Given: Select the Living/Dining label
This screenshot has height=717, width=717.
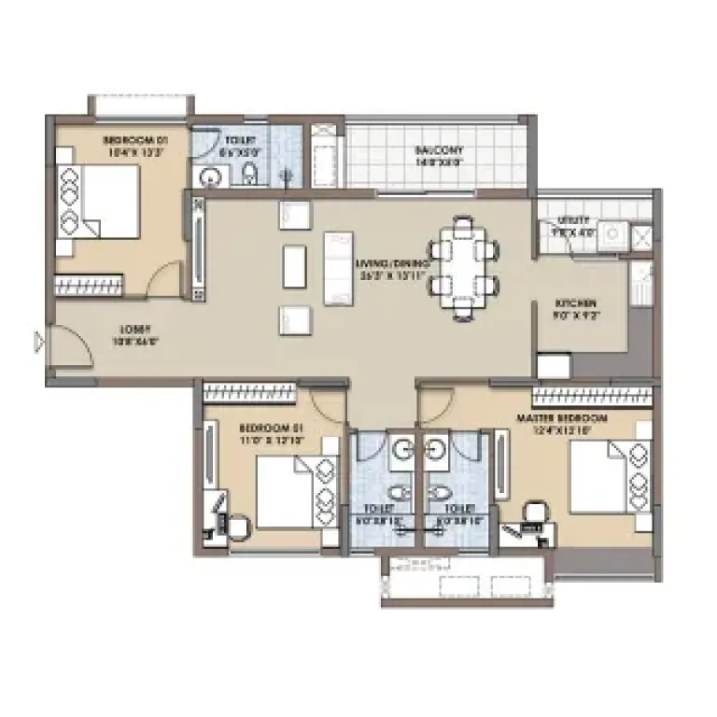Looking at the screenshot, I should (x=392, y=264).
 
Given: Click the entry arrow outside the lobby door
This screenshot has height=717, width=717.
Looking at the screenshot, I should (x=38, y=343).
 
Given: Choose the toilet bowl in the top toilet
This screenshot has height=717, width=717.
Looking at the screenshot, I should (x=249, y=174).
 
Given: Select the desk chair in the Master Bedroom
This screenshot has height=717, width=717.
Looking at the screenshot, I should (x=534, y=513).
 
